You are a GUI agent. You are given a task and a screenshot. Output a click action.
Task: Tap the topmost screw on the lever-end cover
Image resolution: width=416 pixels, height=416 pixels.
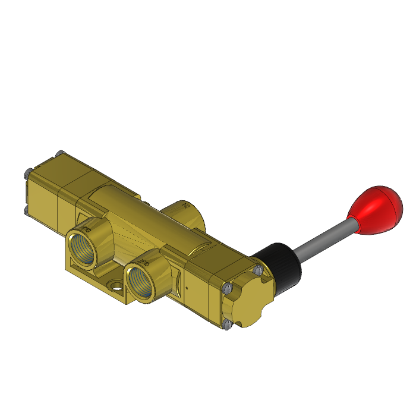257,270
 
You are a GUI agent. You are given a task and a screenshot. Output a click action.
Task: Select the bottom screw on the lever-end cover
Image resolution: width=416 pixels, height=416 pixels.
228,324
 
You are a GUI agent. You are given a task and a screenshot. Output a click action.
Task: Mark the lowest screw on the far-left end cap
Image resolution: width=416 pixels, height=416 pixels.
27,210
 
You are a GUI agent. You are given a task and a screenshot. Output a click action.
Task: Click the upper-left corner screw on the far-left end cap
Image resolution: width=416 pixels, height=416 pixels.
27,173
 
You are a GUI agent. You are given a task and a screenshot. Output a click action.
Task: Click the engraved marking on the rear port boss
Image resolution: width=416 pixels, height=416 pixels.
186,207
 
